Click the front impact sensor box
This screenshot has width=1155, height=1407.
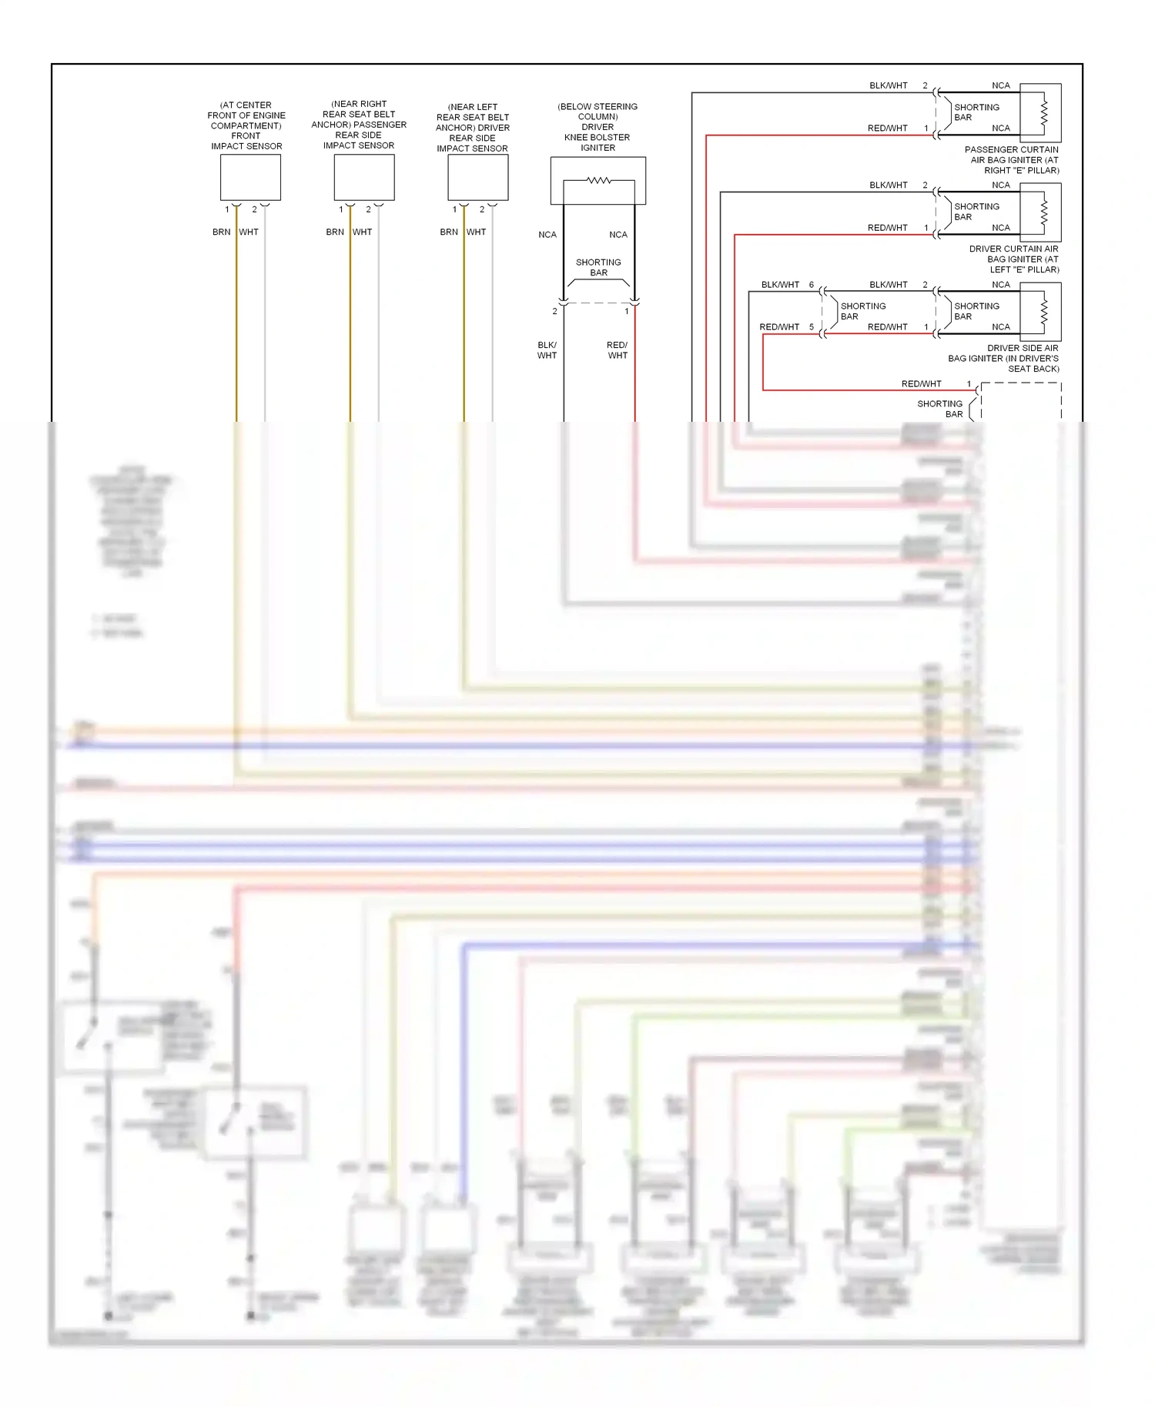click(250, 178)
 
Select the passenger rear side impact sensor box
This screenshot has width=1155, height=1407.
click(364, 178)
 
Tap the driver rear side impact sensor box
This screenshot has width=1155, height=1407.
click(478, 178)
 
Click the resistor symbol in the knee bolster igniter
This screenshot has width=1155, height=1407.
click(599, 181)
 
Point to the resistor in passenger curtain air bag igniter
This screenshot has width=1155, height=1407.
click(1044, 112)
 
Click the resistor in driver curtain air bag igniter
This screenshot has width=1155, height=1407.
click(1044, 212)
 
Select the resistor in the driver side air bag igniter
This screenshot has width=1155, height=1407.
click(1044, 311)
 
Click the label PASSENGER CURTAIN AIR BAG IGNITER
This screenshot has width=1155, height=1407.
click(1012, 160)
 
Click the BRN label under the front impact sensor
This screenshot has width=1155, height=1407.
click(222, 232)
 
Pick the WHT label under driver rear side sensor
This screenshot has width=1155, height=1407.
click(476, 232)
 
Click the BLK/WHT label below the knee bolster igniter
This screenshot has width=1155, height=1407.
click(547, 350)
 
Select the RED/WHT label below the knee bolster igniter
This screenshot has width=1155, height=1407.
click(618, 350)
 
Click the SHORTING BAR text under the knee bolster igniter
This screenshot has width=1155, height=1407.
click(598, 267)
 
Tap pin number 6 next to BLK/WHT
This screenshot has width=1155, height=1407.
click(812, 285)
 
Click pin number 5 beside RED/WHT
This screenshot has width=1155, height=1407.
click(812, 327)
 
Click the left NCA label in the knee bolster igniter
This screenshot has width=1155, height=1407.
click(547, 235)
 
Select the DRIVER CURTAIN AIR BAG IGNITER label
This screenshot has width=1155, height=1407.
click(1014, 259)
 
